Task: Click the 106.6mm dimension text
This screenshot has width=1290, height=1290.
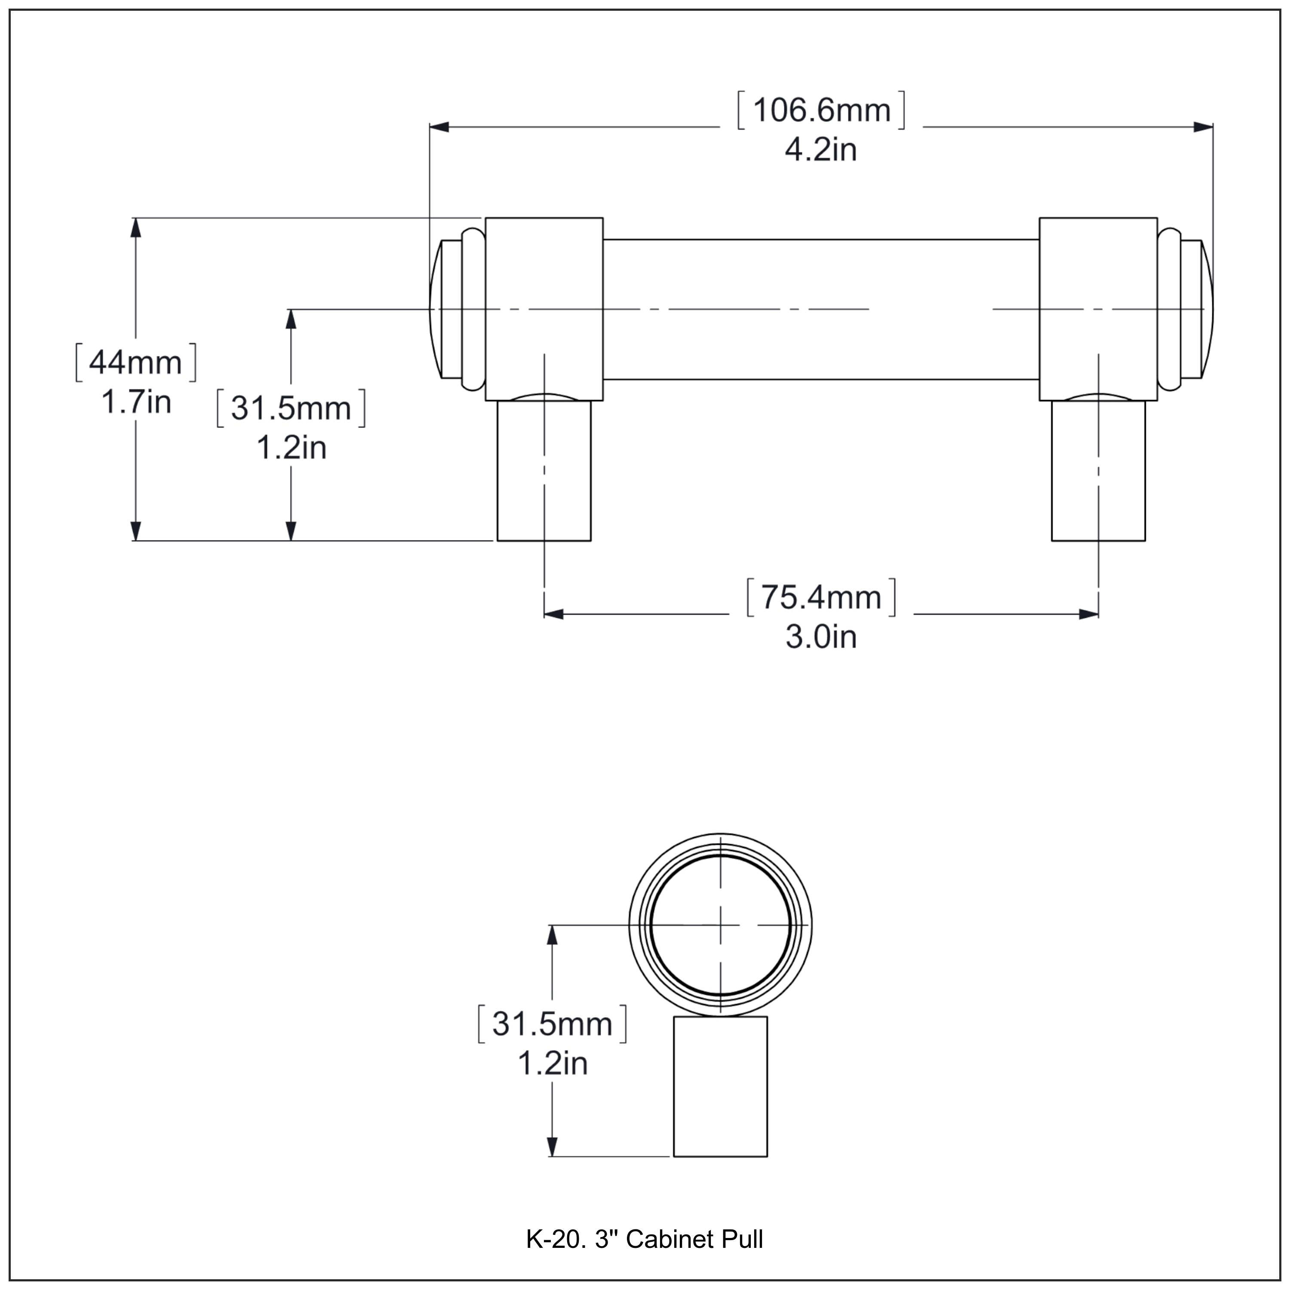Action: (x=821, y=110)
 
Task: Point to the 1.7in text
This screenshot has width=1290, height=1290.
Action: (x=136, y=402)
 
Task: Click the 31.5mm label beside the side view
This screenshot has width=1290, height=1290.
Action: (x=291, y=408)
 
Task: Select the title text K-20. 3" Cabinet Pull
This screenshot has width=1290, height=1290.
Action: (x=644, y=1239)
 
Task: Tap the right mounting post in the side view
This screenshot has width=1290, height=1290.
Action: (x=1098, y=471)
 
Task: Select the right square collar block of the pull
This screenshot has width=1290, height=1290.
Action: (x=1098, y=308)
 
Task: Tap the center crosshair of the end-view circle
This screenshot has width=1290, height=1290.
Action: (x=720, y=925)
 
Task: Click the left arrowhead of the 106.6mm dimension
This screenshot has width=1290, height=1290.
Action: (x=439, y=127)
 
